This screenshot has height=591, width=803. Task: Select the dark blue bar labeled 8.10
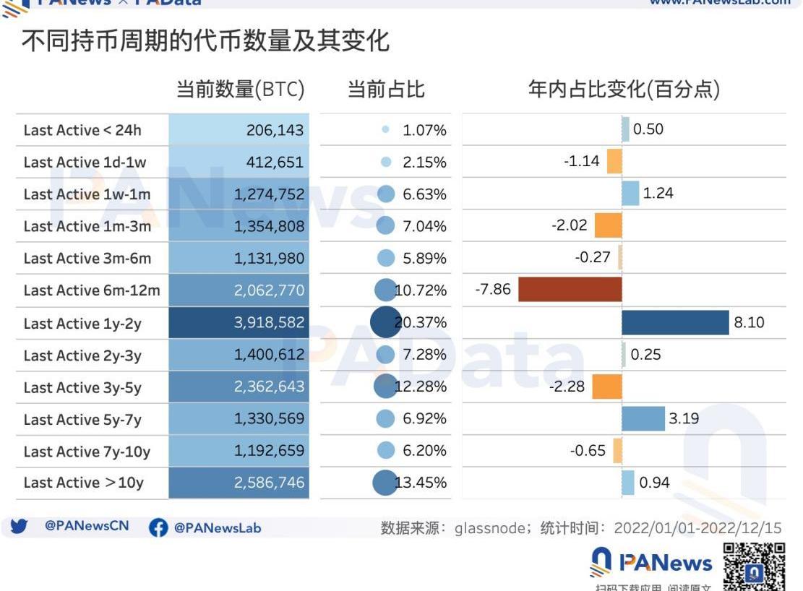click(675, 322)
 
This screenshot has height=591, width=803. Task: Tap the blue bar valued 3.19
click(643, 418)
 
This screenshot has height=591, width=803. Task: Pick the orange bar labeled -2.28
click(607, 387)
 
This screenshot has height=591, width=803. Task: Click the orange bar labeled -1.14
click(614, 161)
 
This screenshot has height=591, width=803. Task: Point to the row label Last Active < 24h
click(82, 130)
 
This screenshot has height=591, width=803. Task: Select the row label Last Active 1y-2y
click(82, 323)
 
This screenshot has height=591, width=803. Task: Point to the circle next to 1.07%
click(385, 130)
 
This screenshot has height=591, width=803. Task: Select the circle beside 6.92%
click(386, 418)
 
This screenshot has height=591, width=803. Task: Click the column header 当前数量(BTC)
click(241, 90)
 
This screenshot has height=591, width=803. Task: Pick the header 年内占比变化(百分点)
click(624, 90)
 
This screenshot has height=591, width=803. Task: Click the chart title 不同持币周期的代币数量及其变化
click(205, 40)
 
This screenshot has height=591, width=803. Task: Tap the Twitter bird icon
click(20, 527)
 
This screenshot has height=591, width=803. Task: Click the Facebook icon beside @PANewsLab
click(158, 528)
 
